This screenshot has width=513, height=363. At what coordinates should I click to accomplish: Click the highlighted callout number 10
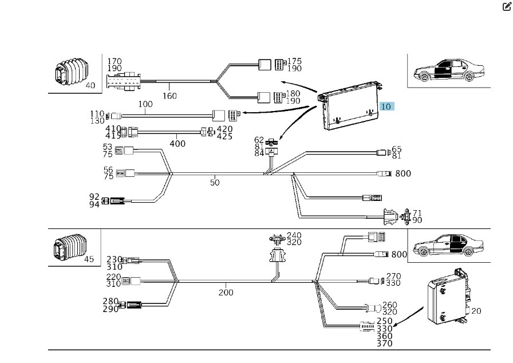[386, 106]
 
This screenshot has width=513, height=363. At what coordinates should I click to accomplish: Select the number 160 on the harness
[169, 96]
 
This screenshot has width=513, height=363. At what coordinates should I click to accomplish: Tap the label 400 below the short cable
[177, 143]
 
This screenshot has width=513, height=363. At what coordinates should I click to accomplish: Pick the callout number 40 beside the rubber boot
[90, 85]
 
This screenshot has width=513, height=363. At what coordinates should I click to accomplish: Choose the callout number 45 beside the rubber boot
[89, 258]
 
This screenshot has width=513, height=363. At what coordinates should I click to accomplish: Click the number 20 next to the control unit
[476, 310]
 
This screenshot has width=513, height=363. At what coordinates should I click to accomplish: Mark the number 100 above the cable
[145, 105]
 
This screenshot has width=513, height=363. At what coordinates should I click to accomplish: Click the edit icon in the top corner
[506, 7]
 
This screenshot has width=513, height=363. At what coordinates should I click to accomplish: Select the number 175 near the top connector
[294, 61]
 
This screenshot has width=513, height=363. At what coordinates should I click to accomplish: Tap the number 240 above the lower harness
[294, 235]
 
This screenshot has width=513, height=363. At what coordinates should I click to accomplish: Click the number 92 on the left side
[94, 196]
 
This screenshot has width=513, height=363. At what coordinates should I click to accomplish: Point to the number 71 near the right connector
[417, 213]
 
